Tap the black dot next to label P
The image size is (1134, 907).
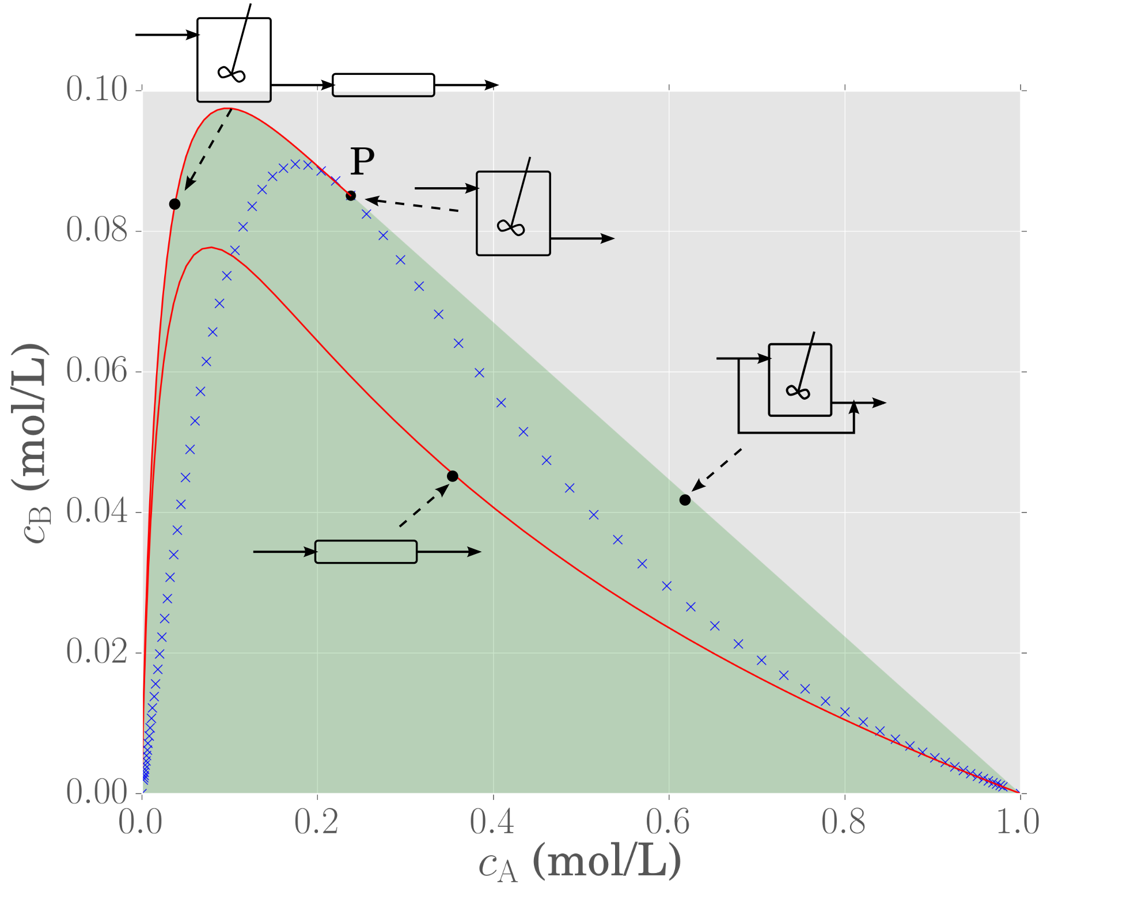(351, 196)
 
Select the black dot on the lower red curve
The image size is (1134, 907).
(453, 476)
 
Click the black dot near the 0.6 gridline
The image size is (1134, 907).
(685, 500)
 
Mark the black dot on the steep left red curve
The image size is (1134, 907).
(175, 204)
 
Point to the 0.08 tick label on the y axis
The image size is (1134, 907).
(96, 230)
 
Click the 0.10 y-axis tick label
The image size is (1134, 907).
(96, 90)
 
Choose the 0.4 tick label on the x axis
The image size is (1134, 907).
(492, 822)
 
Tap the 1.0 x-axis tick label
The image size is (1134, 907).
(1018, 822)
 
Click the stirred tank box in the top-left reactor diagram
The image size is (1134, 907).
(234, 60)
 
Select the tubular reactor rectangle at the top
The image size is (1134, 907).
(384, 85)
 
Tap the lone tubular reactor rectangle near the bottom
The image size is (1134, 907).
(366, 552)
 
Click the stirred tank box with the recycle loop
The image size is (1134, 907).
(800, 380)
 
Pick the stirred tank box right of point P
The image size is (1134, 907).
(513, 213)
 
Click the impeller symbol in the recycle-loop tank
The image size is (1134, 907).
(798, 392)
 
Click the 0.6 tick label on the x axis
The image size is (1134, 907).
(668, 822)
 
